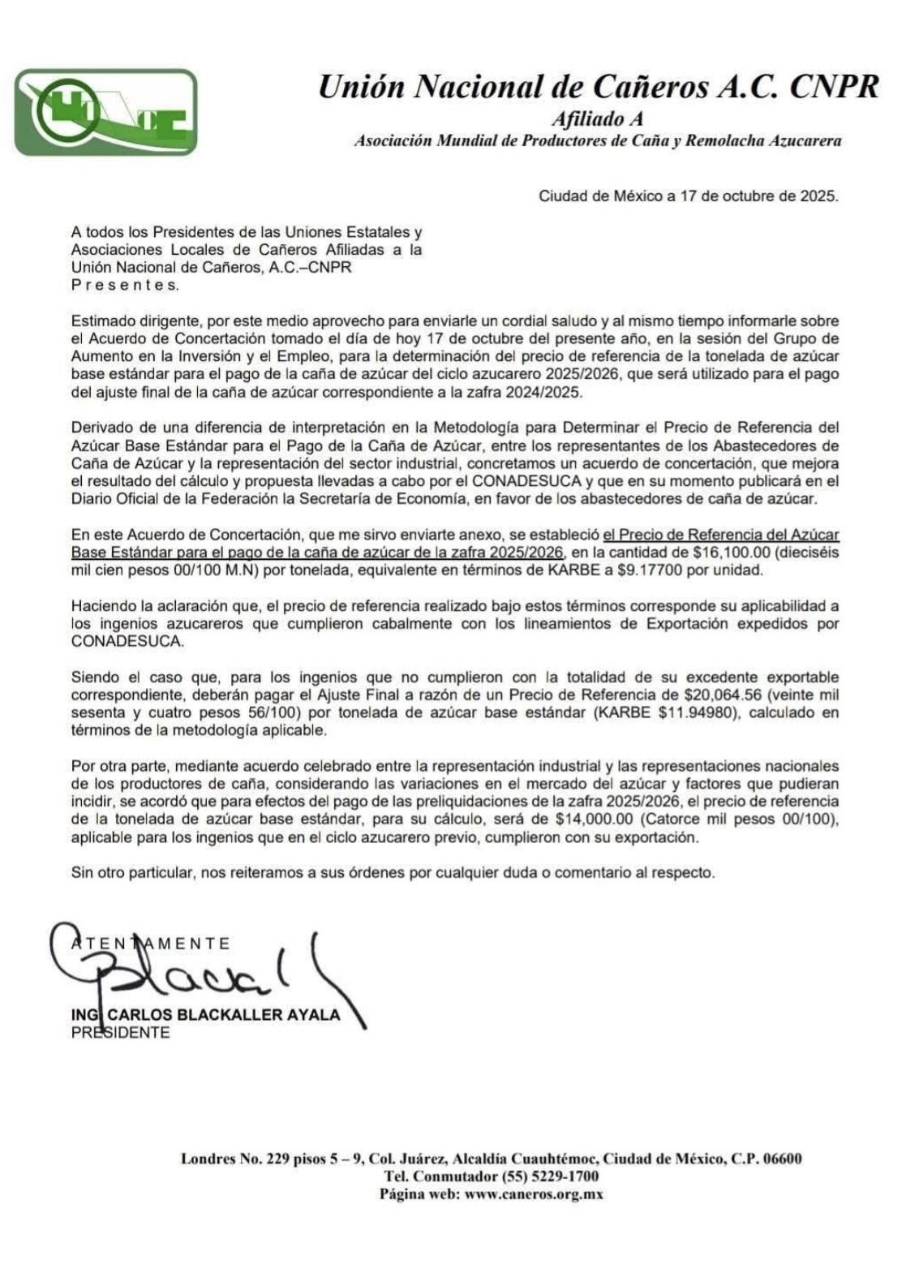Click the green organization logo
point(105,112)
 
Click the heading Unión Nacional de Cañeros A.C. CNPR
point(599,86)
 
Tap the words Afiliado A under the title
point(599,119)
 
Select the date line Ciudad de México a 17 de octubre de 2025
point(689,196)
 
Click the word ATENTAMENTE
point(151,943)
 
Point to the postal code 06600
point(782,1159)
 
